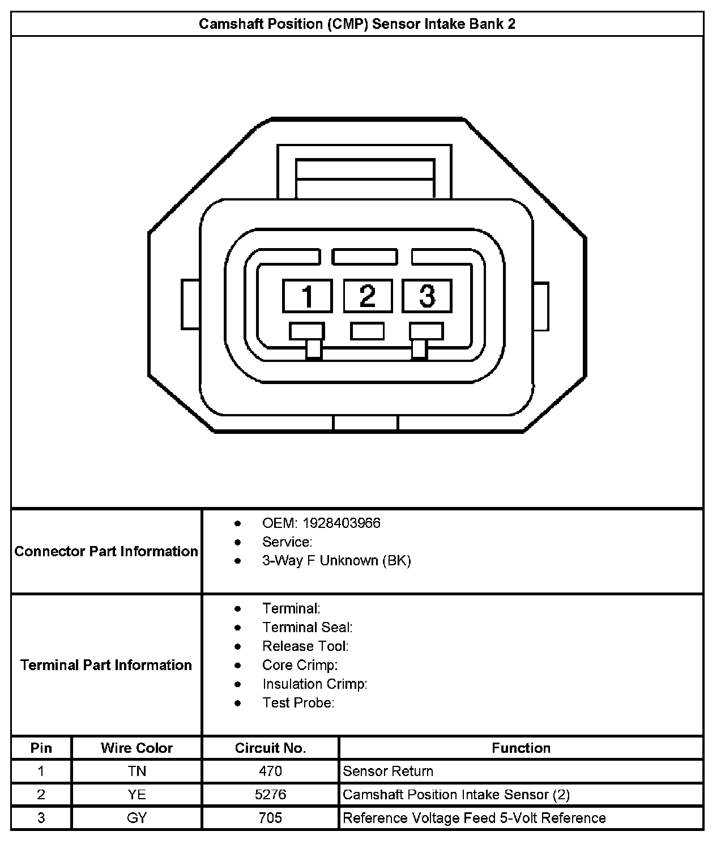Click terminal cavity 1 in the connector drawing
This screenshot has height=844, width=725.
[x=308, y=296]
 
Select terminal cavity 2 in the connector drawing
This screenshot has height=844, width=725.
[x=368, y=296]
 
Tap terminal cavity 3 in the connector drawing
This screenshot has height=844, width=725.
[x=427, y=296]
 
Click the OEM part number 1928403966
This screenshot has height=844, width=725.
[x=341, y=523]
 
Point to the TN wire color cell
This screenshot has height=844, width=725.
[x=137, y=771]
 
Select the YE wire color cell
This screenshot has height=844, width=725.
[x=137, y=795]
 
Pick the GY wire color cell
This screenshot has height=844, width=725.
[x=137, y=818]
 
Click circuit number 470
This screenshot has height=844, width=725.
[x=270, y=771]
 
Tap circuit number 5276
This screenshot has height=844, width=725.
[x=270, y=795]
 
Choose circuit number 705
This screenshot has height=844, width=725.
[x=270, y=818]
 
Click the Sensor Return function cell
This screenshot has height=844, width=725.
[x=388, y=771]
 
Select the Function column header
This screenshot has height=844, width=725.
[x=521, y=748]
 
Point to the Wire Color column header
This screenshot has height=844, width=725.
[x=137, y=748]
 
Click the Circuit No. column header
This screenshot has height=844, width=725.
[x=270, y=748]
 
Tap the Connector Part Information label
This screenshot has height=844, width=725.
[x=106, y=551]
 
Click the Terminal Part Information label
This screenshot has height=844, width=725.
[x=106, y=664]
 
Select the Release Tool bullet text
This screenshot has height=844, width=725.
[x=305, y=646]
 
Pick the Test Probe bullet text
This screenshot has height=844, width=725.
[x=298, y=703]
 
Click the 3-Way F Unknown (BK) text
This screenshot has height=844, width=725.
[x=336, y=561]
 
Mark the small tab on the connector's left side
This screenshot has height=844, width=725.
[x=190, y=304]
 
